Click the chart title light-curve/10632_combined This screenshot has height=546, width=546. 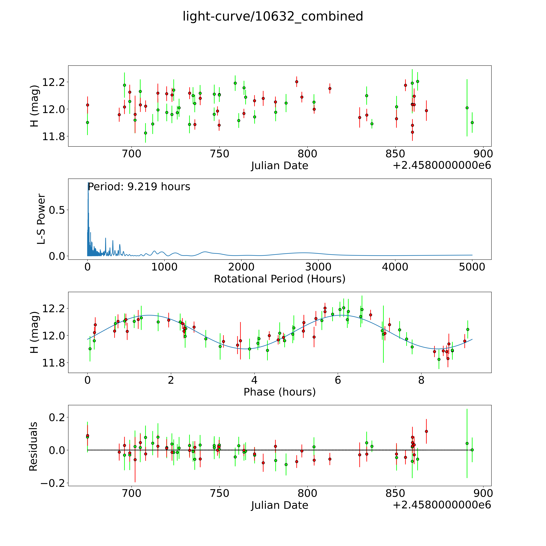pos(273,16)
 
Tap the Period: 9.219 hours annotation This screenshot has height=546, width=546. pos(139,187)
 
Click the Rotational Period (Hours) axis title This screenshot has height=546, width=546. pos(279,279)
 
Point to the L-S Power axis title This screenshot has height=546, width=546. pos(41,219)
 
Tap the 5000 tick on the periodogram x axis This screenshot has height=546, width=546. pos(472,267)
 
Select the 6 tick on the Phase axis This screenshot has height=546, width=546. pos(338,380)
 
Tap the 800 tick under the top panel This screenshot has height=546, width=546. pos(307,154)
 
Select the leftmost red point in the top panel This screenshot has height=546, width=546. pos(88,105)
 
